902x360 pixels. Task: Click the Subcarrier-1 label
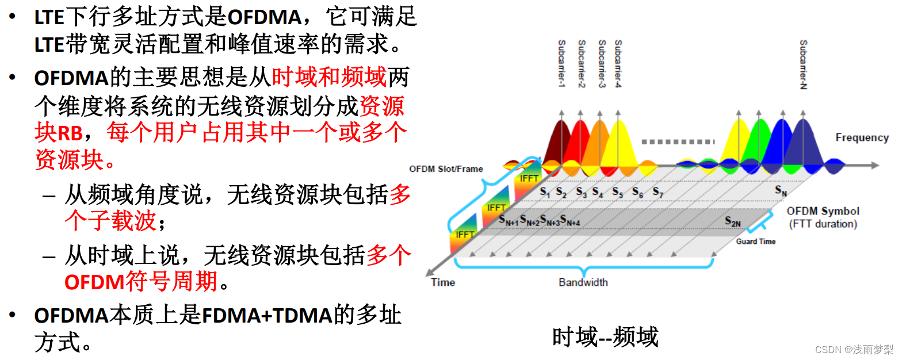(x=562, y=64)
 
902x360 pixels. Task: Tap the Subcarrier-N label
(x=803, y=64)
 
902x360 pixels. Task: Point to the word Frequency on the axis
(x=862, y=137)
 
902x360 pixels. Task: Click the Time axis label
(x=443, y=282)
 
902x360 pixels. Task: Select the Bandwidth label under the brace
(x=583, y=282)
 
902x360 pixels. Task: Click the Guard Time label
(x=755, y=242)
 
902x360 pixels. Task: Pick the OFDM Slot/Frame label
(x=446, y=169)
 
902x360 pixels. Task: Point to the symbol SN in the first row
(x=781, y=190)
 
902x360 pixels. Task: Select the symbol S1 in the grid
(x=545, y=192)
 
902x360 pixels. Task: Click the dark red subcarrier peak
(x=556, y=132)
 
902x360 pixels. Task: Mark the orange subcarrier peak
(x=598, y=135)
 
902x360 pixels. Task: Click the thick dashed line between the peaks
(x=677, y=141)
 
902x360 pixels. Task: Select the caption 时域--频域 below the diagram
(x=605, y=337)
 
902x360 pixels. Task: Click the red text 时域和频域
(x=330, y=78)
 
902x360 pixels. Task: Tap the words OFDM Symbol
(x=823, y=211)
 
